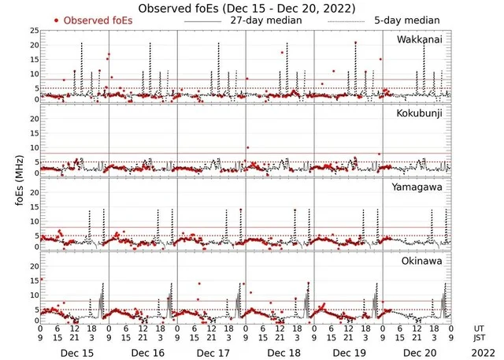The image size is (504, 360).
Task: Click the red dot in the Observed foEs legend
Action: point(56,20)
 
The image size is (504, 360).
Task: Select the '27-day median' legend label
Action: point(267,20)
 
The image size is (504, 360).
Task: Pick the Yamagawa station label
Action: point(424,188)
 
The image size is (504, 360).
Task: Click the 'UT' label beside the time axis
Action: point(480,327)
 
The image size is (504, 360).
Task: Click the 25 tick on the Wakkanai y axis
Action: point(33,30)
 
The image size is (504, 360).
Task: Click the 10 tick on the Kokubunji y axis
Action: point(33,147)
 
